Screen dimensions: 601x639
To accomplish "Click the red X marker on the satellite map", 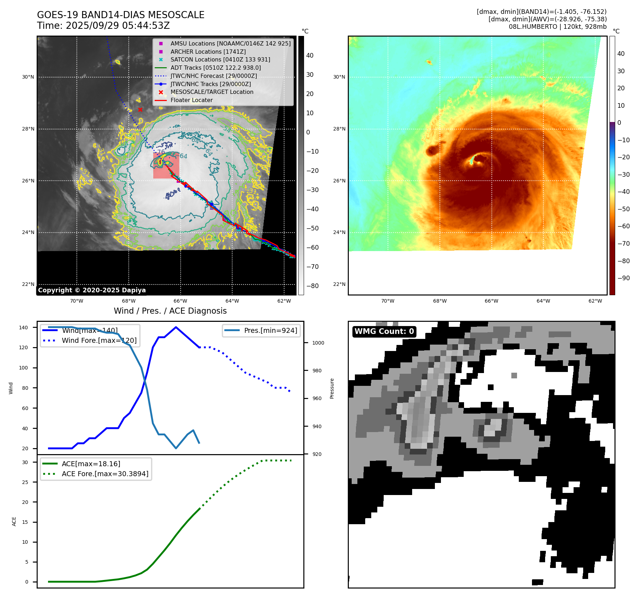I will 140,110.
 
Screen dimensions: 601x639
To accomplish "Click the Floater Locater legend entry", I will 191,100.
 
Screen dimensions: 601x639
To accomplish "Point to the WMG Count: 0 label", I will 384,331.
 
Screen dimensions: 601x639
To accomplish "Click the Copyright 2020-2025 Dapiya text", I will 92,290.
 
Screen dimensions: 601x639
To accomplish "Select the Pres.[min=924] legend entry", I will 270,330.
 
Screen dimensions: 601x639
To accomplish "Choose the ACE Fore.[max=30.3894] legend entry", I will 105,474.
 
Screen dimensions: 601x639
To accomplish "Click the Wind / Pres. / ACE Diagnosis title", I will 170,311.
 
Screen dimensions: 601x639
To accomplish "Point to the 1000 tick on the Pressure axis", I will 318,343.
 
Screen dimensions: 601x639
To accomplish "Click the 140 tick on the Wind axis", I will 23,328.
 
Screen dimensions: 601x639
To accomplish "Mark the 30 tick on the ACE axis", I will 25,462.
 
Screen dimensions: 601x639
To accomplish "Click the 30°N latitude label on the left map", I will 28,77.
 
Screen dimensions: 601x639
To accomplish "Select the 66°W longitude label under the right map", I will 491,301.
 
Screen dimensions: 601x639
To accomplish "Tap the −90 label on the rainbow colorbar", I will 623,278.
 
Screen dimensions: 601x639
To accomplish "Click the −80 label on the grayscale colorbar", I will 312,286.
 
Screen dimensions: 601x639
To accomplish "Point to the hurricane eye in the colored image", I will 478,159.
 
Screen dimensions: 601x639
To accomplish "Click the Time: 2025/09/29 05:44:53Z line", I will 103,26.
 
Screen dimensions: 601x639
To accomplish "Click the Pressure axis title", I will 332,388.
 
